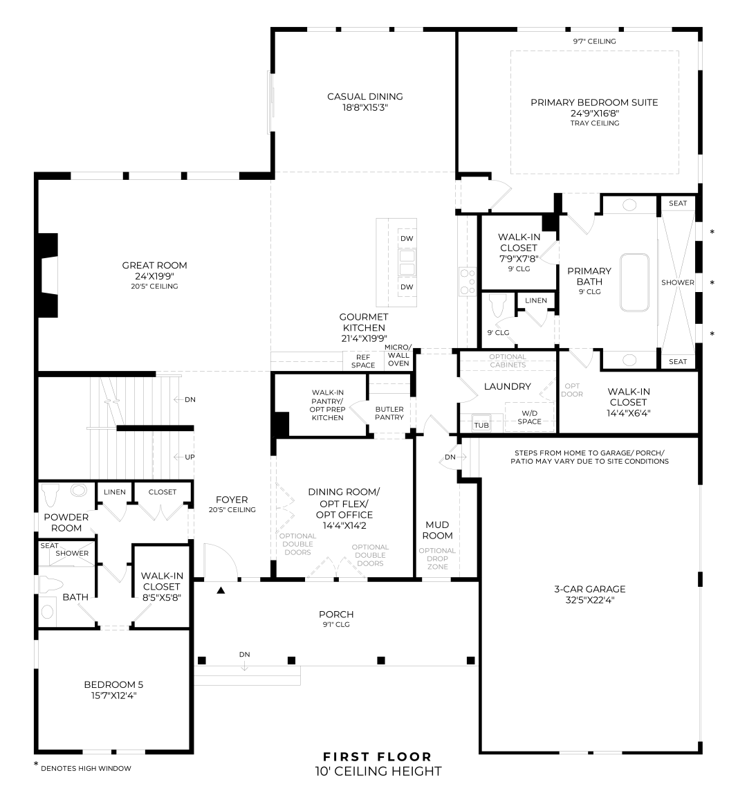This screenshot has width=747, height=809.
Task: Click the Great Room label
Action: [x=154, y=265]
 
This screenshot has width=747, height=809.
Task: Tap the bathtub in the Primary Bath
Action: [x=634, y=283]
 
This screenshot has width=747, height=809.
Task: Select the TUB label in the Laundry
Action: [x=481, y=425]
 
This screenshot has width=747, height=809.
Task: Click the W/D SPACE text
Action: [x=529, y=417]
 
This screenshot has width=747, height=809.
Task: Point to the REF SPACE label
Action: [x=363, y=361]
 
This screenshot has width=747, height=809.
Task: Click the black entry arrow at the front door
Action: [x=221, y=590]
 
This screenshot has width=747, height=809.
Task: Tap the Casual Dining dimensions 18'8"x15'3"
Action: [x=365, y=108]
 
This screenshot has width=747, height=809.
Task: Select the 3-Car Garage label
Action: [x=590, y=589]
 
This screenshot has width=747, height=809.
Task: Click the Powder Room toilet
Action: [x=50, y=495]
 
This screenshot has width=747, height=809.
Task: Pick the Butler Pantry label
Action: [x=389, y=413]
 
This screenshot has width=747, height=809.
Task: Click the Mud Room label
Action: [x=437, y=530]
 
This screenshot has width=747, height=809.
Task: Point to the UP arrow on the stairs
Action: [x=184, y=457]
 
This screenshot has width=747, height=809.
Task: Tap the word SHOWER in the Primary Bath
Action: [x=677, y=283]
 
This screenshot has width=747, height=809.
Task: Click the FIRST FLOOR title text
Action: [x=378, y=757]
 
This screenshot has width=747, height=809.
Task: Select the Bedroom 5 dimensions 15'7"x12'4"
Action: [x=113, y=696]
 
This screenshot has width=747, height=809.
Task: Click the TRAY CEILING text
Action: [x=594, y=123]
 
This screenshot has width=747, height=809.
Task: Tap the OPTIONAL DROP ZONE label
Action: [x=437, y=558]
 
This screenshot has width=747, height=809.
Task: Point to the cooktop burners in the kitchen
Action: [x=468, y=282]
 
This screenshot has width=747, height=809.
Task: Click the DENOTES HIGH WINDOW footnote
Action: [x=86, y=769]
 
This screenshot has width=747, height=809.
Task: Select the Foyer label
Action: [x=232, y=500]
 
